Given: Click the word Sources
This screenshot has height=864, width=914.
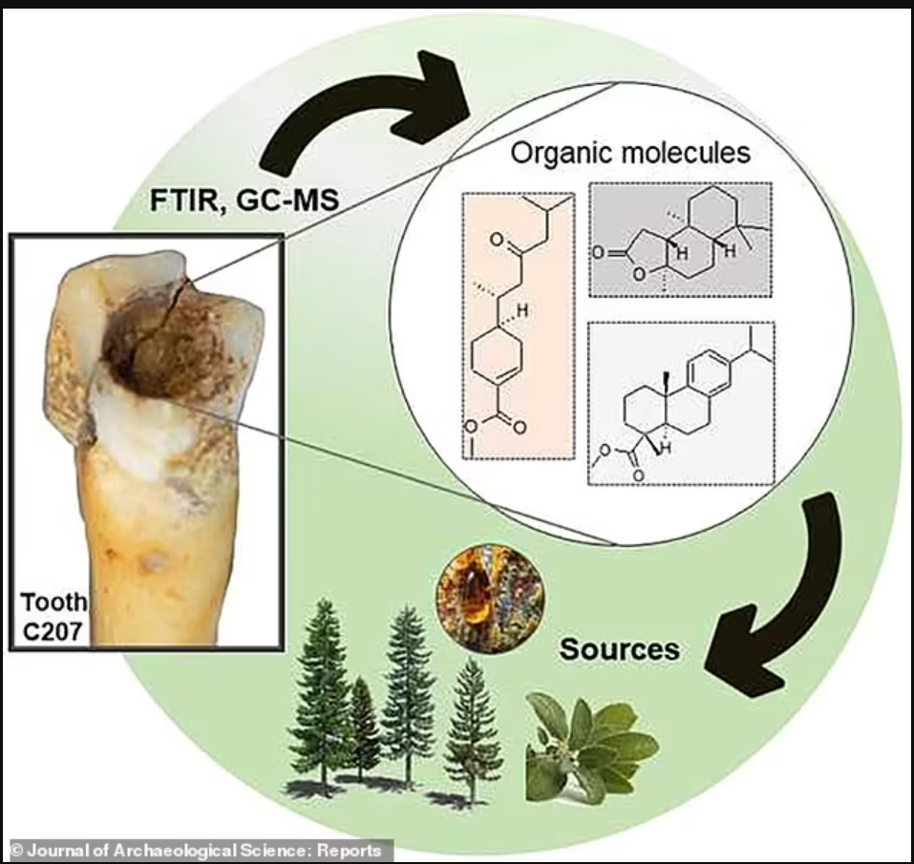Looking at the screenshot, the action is pos(620,649).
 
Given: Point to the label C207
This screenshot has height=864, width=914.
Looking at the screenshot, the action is pos(52,631).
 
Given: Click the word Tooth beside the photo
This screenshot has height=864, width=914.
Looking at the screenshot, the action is pos(54,602).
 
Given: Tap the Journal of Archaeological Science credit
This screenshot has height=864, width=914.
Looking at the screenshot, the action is pos(196,850).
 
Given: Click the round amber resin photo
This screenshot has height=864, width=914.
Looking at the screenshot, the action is pos(490,599).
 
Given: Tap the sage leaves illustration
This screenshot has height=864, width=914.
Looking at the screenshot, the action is pos(591,746).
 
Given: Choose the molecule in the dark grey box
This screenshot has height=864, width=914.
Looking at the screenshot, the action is pos(680,240).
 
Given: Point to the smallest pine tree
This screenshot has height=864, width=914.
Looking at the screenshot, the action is pos(364,727).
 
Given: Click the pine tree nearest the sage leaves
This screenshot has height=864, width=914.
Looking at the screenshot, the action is pos(474,734).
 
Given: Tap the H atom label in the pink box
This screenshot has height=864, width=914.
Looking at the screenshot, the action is pos(522,311).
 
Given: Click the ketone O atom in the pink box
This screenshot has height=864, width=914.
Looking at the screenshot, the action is pos(497,240).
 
